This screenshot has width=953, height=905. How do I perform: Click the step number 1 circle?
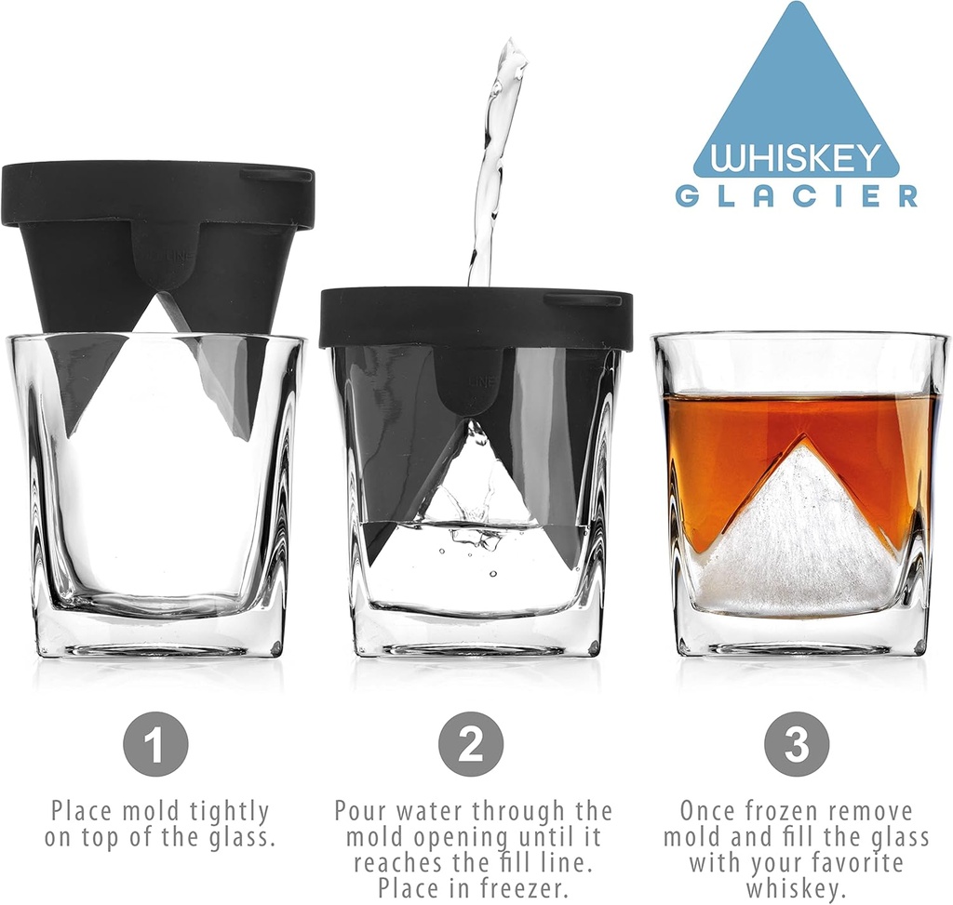pos(155,744)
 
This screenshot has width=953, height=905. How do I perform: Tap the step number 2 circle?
pos(471,744)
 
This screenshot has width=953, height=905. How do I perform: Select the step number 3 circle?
pos(797,744)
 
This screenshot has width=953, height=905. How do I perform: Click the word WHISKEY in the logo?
pos(796,157)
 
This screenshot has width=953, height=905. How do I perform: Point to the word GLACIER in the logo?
pos(797,196)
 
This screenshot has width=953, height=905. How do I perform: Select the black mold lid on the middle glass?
pos(475,317)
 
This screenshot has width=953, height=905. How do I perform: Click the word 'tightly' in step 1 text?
pos(223,812)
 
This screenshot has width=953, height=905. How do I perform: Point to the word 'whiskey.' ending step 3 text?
pos(797,888)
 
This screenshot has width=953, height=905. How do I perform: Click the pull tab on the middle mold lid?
pos(584,299)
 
